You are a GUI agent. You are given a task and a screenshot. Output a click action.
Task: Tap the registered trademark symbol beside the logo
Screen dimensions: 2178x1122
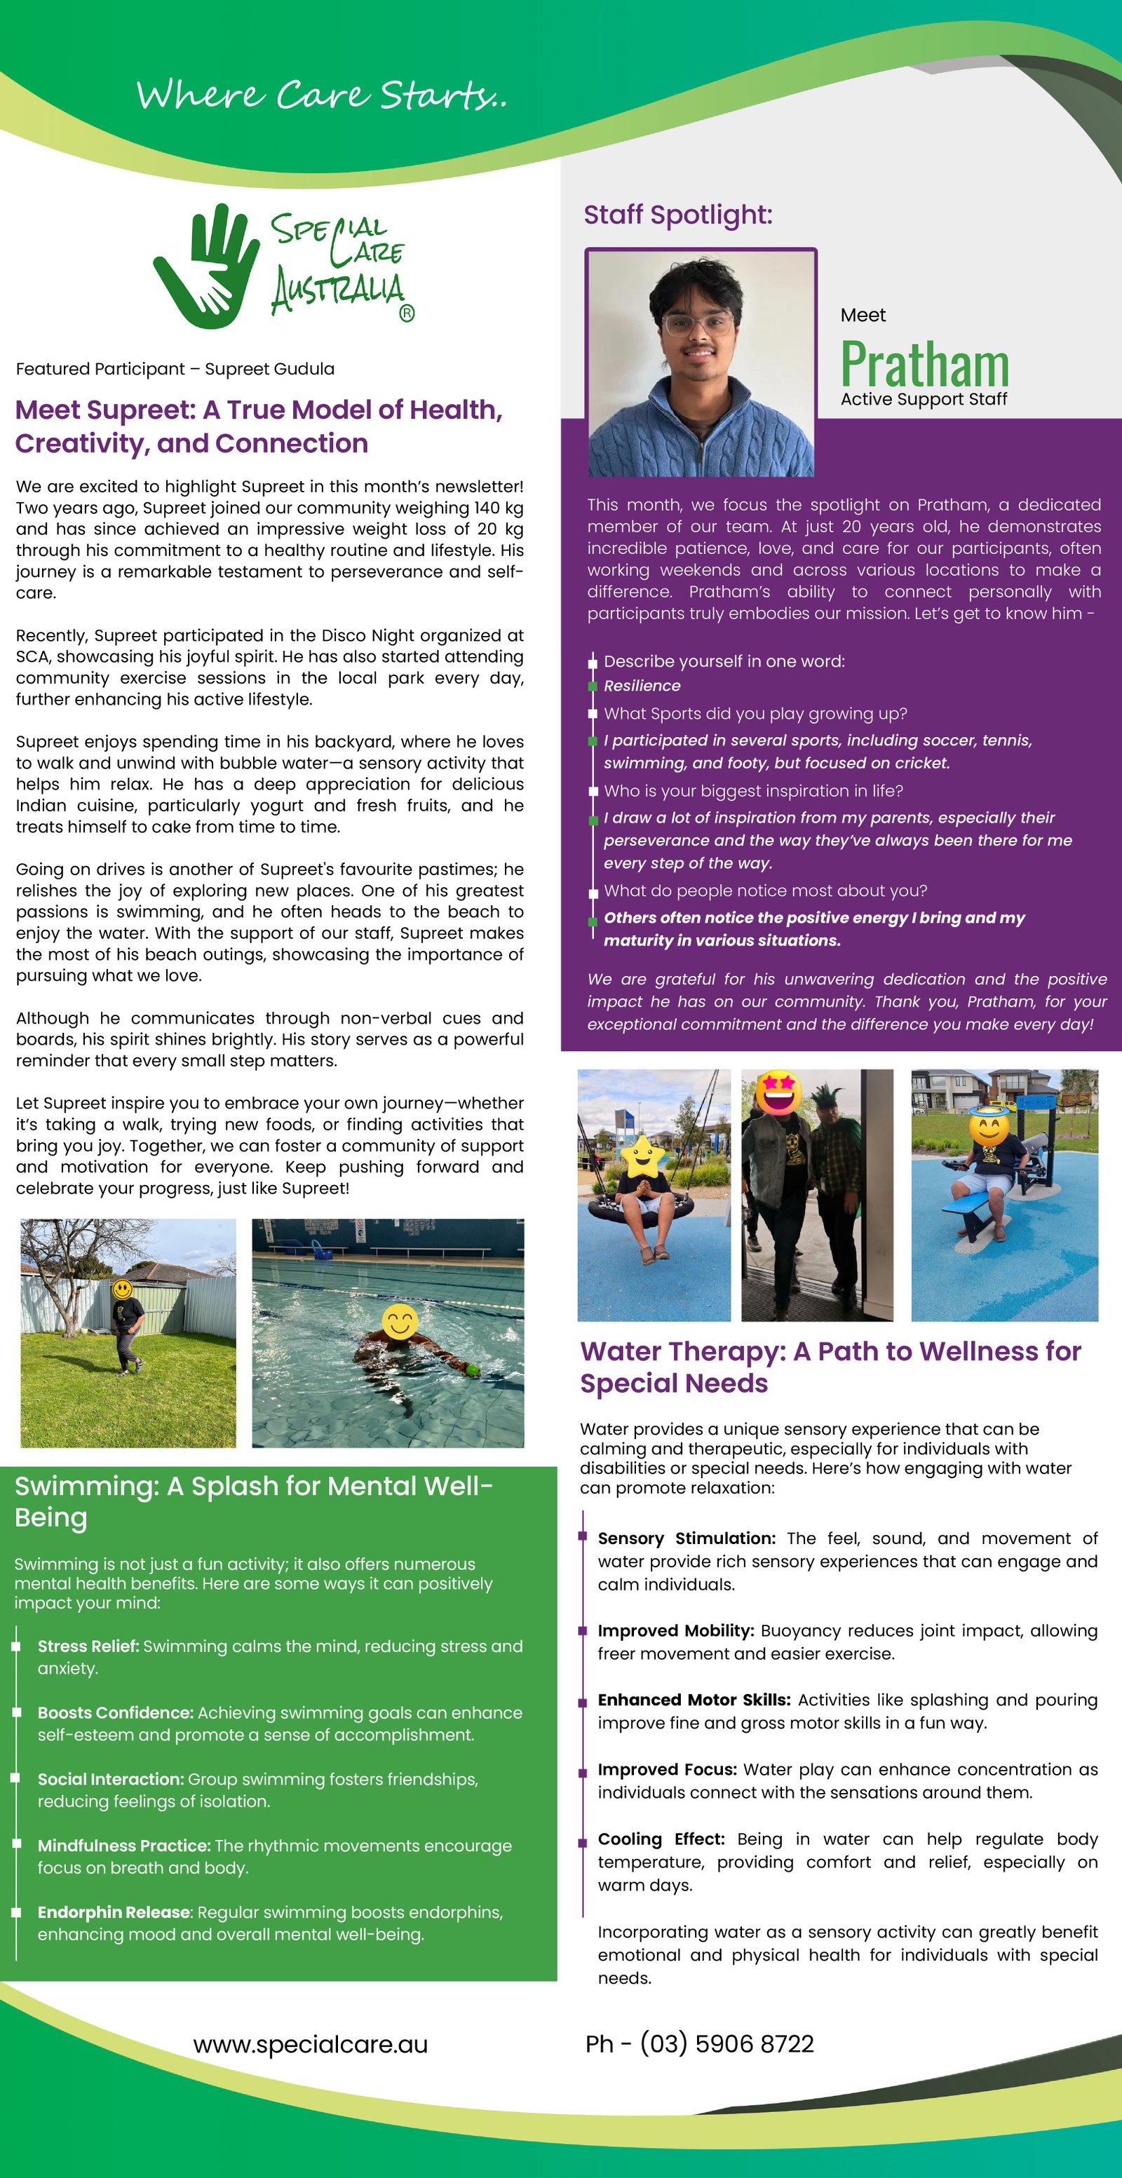pyautogui.click(x=407, y=313)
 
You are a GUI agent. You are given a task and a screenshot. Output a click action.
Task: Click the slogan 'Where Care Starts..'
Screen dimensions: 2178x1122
pyautogui.click(x=321, y=95)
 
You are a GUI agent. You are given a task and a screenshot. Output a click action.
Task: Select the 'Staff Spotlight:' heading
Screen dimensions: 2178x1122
pyautogui.click(x=677, y=215)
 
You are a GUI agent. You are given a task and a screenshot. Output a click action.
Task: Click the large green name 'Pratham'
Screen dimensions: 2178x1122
pyautogui.click(x=924, y=365)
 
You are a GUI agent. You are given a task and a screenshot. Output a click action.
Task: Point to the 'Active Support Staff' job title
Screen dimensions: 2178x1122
pyautogui.click(x=924, y=399)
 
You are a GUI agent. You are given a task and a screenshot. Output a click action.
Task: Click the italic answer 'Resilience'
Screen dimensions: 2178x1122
pyautogui.click(x=642, y=686)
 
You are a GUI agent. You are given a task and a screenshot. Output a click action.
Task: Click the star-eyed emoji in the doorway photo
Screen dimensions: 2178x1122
pyautogui.click(x=778, y=1093)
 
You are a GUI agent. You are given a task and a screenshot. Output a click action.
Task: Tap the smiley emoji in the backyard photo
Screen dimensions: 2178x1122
pyautogui.click(x=123, y=1290)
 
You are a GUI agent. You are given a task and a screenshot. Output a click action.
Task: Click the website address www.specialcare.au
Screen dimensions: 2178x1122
pyautogui.click(x=311, y=2044)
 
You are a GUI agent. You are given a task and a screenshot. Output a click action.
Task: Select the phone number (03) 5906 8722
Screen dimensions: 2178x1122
pyautogui.click(x=726, y=2043)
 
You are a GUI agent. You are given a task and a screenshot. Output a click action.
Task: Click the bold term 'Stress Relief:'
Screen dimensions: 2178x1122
pyautogui.click(x=88, y=1646)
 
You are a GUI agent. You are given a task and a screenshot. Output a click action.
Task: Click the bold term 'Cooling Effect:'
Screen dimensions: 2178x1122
pyautogui.click(x=661, y=1839)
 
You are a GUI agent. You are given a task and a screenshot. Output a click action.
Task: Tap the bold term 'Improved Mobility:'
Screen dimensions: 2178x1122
pyautogui.click(x=675, y=1630)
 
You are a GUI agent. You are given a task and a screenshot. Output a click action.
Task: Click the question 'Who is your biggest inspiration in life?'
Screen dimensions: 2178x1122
pyautogui.click(x=753, y=790)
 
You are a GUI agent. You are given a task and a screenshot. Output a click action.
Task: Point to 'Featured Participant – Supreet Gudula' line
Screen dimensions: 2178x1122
pyautogui.click(x=175, y=369)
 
